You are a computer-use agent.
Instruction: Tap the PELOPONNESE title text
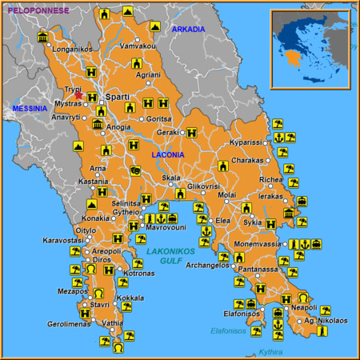pyautogui.click(x=38, y=10)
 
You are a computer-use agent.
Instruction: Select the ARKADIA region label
pyautogui.click(x=189, y=30)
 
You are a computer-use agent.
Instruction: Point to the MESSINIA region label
pyautogui.click(x=29, y=108)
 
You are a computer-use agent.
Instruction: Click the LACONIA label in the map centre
pyautogui.click(x=168, y=154)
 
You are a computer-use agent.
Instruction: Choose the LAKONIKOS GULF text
pyautogui.click(x=171, y=256)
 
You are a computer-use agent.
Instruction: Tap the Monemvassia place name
pyautogui.click(x=261, y=243)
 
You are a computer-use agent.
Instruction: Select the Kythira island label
pyautogui.click(x=273, y=351)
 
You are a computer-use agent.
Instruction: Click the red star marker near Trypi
pyautogui.click(x=79, y=96)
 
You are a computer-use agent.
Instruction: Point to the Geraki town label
pyautogui.click(x=167, y=133)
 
